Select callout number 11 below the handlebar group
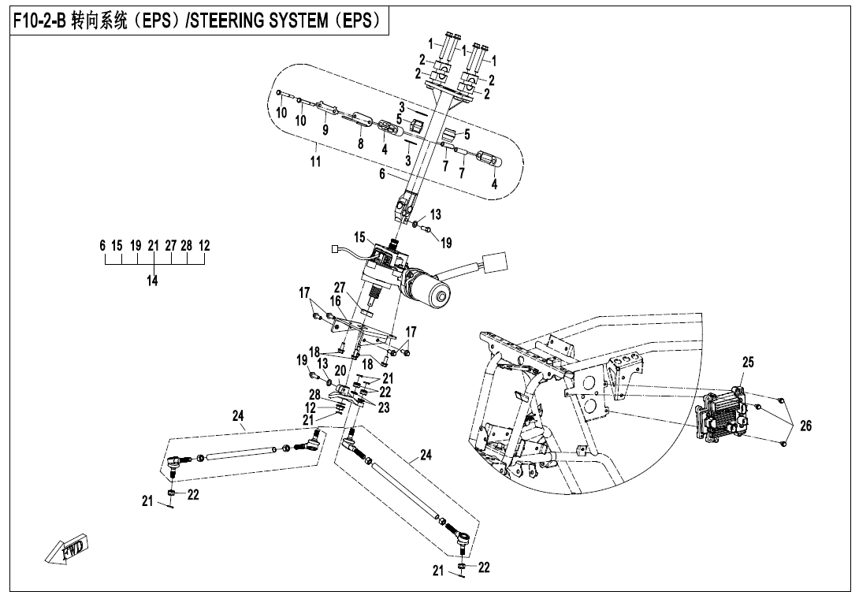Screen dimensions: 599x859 [315, 162]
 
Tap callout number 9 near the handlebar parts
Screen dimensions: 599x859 [325, 130]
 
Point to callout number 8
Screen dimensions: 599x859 [361, 144]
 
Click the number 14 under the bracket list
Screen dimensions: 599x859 [152, 281]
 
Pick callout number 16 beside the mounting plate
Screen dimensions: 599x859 [335, 301]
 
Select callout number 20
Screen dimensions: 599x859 [340, 370]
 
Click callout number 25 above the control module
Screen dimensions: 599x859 [748, 363]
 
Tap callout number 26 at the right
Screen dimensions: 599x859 [805, 426]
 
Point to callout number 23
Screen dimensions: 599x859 [383, 407]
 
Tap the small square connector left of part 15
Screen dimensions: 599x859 [337, 251]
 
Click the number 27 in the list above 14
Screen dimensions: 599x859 [170, 246]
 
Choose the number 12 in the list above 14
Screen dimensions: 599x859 [204, 246]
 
